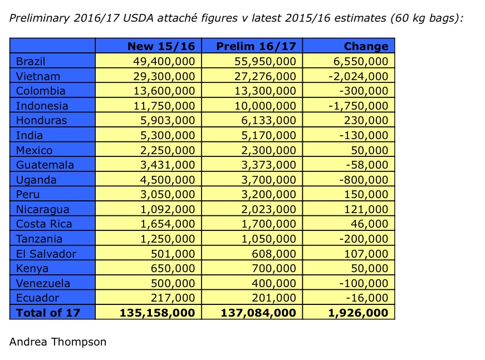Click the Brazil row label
point(31,61)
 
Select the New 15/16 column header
point(161,46)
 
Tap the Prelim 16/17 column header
point(256,46)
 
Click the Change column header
point(366,46)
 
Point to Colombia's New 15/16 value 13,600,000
point(162,91)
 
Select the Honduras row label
point(41,121)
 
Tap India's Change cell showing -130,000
point(365,135)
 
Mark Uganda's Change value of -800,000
point(365,180)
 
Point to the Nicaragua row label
point(42,209)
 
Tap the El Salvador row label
point(46,254)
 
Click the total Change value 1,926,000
point(359,313)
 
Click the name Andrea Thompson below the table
point(57,342)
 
